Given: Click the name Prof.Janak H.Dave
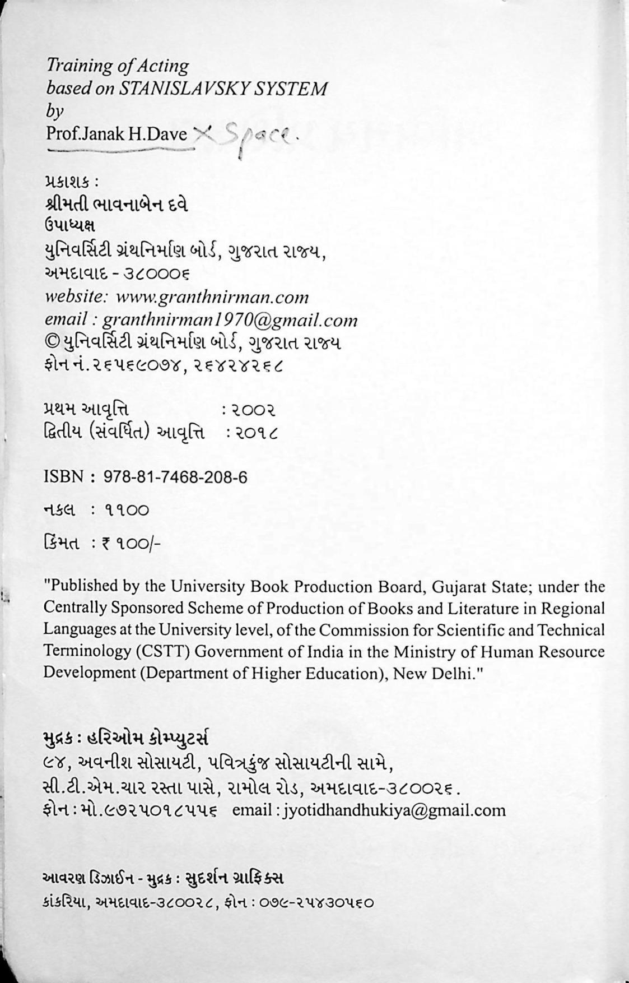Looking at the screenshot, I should click(117, 135).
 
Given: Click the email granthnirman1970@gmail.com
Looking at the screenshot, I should click(230, 320).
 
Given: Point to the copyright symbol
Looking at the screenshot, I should click(50, 342).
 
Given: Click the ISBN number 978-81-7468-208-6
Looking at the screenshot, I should click(175, 477).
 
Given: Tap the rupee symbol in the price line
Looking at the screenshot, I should click(105, 542).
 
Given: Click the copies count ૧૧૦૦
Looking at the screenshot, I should click(127, 510).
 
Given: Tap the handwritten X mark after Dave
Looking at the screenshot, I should click(203, 133).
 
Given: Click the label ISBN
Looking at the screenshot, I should click(63, 477).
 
